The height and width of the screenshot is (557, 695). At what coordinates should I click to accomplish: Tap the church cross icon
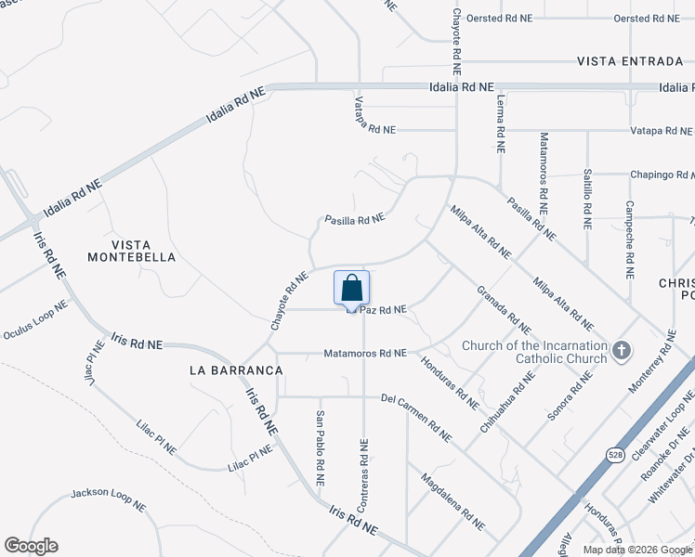(622, 351)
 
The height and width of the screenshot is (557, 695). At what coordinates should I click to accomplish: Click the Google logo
(31, 546)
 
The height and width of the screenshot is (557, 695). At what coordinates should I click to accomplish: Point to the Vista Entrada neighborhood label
(630, 61)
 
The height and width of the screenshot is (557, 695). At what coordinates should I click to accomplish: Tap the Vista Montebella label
(131, 249)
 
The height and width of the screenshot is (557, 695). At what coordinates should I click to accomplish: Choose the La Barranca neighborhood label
(236, 369)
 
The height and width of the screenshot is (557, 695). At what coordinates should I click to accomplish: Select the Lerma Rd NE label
(500, 123)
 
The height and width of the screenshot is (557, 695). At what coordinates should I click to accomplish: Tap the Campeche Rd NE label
(629, 240)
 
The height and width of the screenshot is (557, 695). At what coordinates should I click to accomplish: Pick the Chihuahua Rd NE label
(508, 402)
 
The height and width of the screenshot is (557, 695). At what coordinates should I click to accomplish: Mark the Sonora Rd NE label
(570, 396)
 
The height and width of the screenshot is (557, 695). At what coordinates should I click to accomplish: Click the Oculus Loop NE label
(35, 319)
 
